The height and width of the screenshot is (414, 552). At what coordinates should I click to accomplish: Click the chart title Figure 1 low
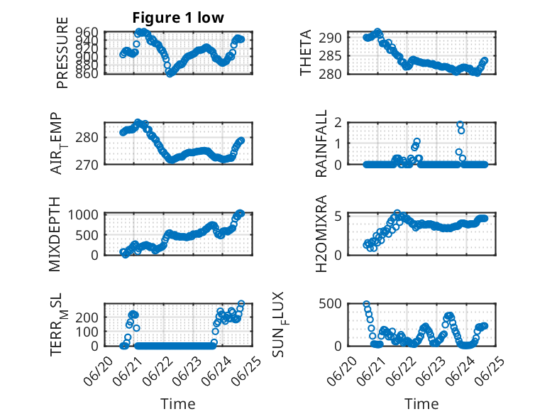coord(178,18)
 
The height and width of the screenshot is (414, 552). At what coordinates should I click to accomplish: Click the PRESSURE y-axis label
coord(62,53)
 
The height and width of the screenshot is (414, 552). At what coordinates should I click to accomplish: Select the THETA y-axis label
coord(306,53)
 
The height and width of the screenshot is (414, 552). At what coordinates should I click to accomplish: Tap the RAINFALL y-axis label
coord(321,143)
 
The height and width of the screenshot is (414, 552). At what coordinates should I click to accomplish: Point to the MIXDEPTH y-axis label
coord(55,234)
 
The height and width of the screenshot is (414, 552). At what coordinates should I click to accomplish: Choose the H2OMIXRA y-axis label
coord(321,234)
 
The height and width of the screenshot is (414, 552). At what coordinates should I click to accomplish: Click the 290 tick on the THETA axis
coord(330,38)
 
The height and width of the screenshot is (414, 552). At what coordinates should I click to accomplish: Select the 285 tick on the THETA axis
coord(330,55)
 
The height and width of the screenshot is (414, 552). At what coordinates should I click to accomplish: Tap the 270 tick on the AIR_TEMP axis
coord(87,165)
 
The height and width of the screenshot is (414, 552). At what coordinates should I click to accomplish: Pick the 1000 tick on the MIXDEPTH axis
coord(83,214)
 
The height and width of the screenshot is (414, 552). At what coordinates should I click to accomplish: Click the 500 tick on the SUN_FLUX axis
coord(330,303)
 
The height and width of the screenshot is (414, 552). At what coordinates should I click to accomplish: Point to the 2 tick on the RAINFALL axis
coord(338,123)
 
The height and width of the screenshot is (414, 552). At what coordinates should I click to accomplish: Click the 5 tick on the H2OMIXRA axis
coord(338,217)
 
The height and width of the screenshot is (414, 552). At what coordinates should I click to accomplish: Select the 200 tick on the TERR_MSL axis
coord(87,317)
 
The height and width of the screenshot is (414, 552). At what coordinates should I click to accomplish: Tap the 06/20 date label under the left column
coord(98,371)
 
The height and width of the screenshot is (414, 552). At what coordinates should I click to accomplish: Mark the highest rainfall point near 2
coord(460,124)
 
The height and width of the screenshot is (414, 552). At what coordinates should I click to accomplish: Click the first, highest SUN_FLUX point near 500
coord(367,304)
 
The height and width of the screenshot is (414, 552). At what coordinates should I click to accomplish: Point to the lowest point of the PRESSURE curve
coord(170,74)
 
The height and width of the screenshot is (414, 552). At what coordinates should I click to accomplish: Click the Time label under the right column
coord(421,404)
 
